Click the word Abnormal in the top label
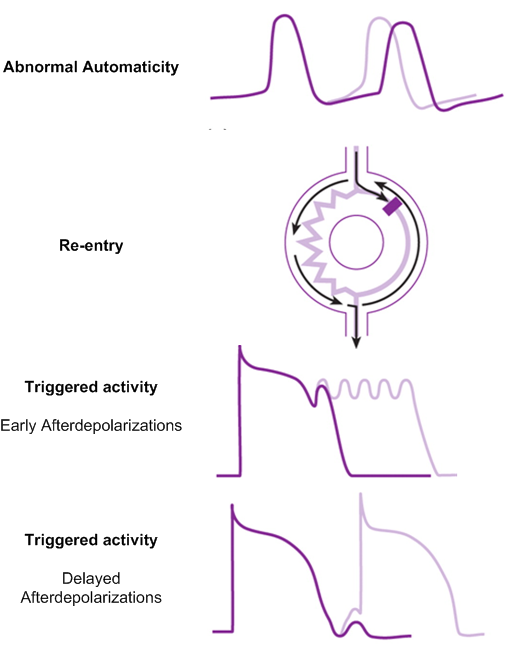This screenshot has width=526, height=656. click(x=41, y=67)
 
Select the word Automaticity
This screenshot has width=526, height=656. click(x=131, y=67)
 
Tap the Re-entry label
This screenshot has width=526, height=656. click(x=91, y=245)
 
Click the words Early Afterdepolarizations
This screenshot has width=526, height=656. click(x=91, y=425)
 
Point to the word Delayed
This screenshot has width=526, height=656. click(x=91, y=578)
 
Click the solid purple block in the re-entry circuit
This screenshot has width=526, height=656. click(x=393, y=207)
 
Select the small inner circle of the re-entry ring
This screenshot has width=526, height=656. click(x=356, y=243)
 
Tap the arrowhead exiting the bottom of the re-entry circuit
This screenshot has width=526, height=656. click(x=356, y=342)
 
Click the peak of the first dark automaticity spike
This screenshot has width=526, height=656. click(x=285, y=16)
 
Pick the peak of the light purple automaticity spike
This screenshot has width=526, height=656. click(x=379, y=19)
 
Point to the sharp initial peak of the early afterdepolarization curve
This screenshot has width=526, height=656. click(x=240, y=346)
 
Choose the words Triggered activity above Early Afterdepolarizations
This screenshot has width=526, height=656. click(x=91, y=387)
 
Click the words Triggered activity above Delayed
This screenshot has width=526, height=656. click(x=91, y=540)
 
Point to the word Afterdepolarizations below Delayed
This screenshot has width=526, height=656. click(x=91, y=597)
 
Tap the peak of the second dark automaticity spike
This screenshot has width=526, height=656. click(x=403, y=23)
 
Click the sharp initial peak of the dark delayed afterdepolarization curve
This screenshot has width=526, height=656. click(x=232, y=506)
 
